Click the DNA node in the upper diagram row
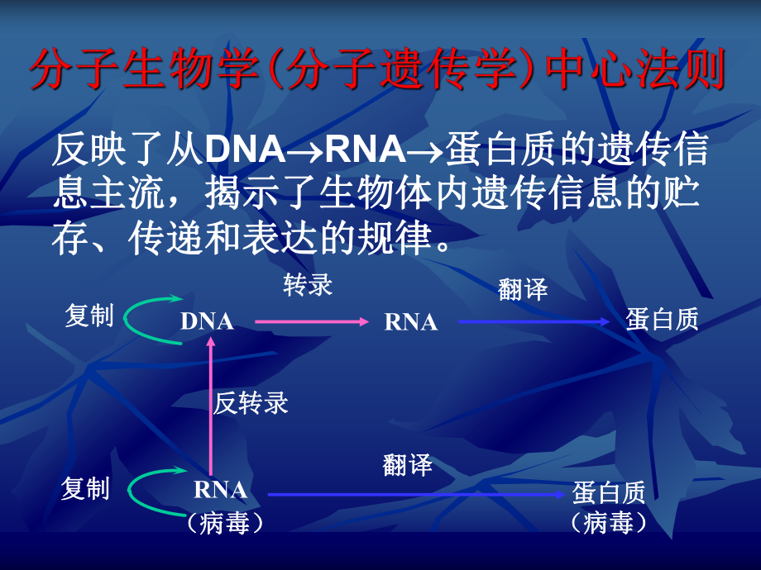coord(207,322)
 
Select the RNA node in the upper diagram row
coord(411,322)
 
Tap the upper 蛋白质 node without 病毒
coord(663,320)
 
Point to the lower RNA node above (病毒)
coord(221,490)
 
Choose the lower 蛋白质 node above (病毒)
coord(609,493)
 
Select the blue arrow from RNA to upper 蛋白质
coord(537,321)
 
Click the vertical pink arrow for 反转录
coord(210,405)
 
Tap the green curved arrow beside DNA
coord(149,317)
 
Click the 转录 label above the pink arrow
coord(309,286)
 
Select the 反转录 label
coord(251,403)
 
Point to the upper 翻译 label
coord(524,289)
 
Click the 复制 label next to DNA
coord(89,316)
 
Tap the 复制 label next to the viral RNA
coord(86,489)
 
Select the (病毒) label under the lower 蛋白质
coord(608,523)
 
